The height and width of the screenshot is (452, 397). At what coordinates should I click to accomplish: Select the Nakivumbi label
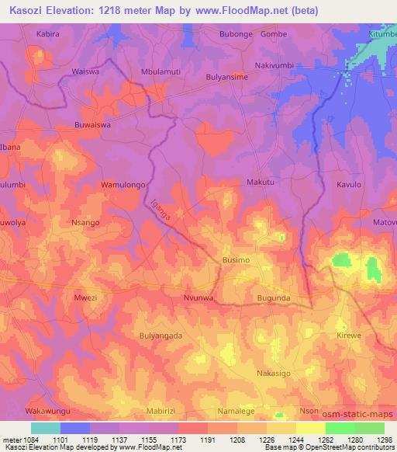click(276, 67)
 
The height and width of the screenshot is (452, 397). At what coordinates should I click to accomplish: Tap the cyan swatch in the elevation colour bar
click(45, 428)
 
